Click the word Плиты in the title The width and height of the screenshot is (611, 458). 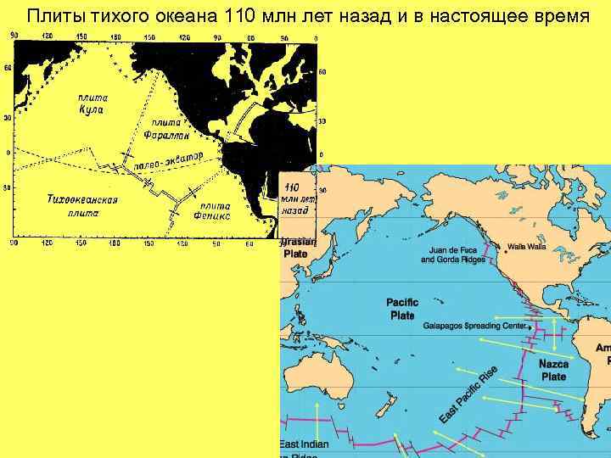53,15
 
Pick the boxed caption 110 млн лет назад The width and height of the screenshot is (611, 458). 297,198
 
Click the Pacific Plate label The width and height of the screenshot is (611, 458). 401,309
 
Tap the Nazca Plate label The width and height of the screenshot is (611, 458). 553,370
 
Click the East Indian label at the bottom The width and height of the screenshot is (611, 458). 304,445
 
